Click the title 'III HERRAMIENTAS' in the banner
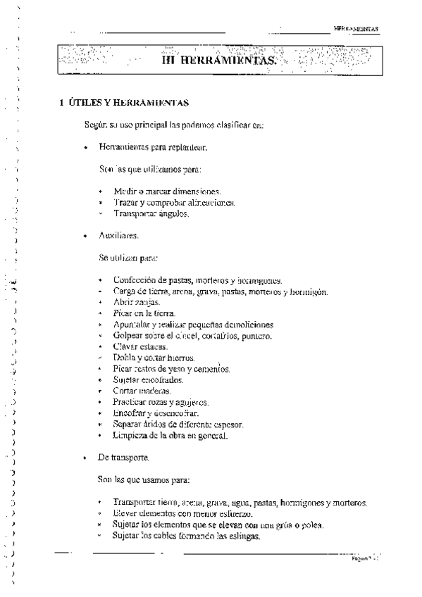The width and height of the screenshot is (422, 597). (218, 61)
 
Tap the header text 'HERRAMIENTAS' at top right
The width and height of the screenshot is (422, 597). (356, 29)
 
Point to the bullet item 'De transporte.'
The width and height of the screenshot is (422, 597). (124, 458)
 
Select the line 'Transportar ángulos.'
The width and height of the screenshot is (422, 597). (151, 213)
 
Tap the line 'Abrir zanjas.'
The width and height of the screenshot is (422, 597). (137, 301)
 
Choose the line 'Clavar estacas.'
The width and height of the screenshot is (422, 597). (140, 346)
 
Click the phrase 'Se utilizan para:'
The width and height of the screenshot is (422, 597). (129, 258)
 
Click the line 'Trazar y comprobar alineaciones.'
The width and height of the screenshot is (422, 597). (174, 202)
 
